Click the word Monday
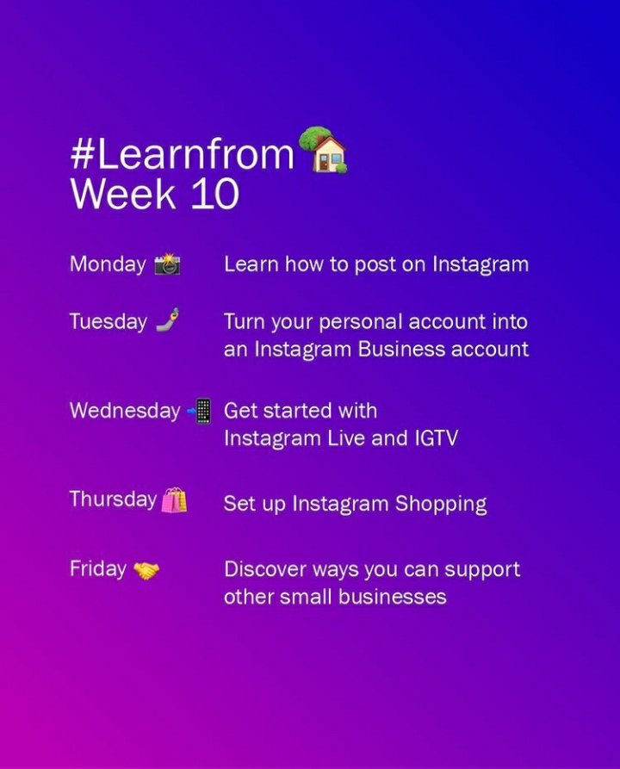tap(108, 264)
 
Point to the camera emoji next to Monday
tap(167, 264)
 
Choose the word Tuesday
tap(108, 322)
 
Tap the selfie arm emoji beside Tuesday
tap(167, 321)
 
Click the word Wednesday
tap(124, 411)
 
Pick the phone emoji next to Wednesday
tap(199, 411)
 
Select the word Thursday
tap(113, 499)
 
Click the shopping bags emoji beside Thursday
tap(173, 499)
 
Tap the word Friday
tap(97, 569)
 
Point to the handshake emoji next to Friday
tap(146, 570)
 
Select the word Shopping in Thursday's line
tap(441, 504)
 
